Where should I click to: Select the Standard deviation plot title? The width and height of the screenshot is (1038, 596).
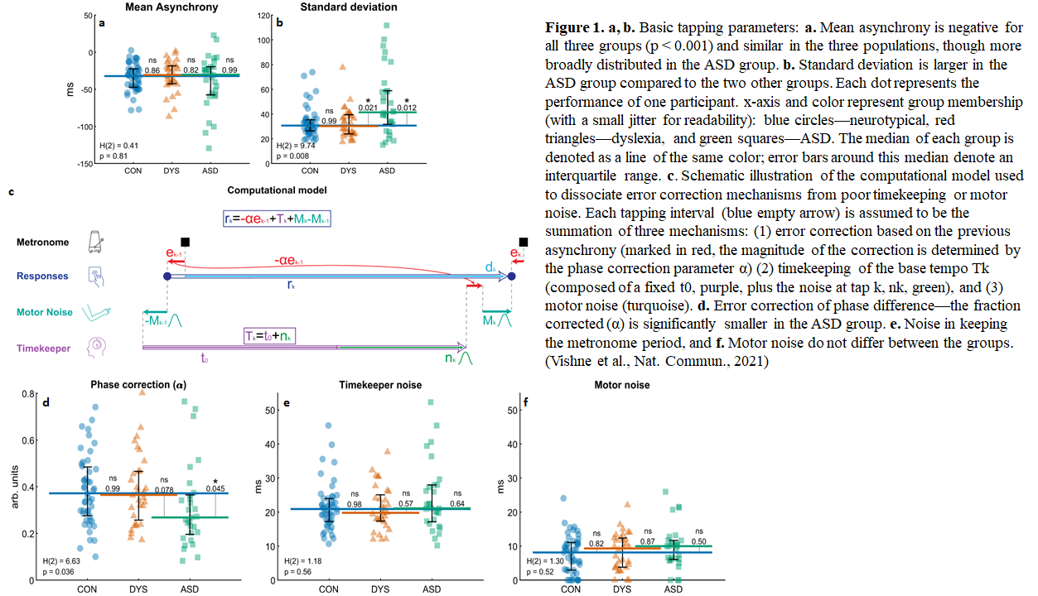tap(349, 7)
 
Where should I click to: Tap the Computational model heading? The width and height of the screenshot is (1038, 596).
tap(277, 190)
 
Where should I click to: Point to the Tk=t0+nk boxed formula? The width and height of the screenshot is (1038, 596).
tap(269, 335)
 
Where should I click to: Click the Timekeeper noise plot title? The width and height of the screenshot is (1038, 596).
tap(380, 385)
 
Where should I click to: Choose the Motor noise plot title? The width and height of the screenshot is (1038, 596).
tap(622, 385)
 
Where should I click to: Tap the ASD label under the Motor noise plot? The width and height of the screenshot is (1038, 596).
tap(673, 589)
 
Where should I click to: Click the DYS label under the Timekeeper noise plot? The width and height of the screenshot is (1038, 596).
tap(380, 589)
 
